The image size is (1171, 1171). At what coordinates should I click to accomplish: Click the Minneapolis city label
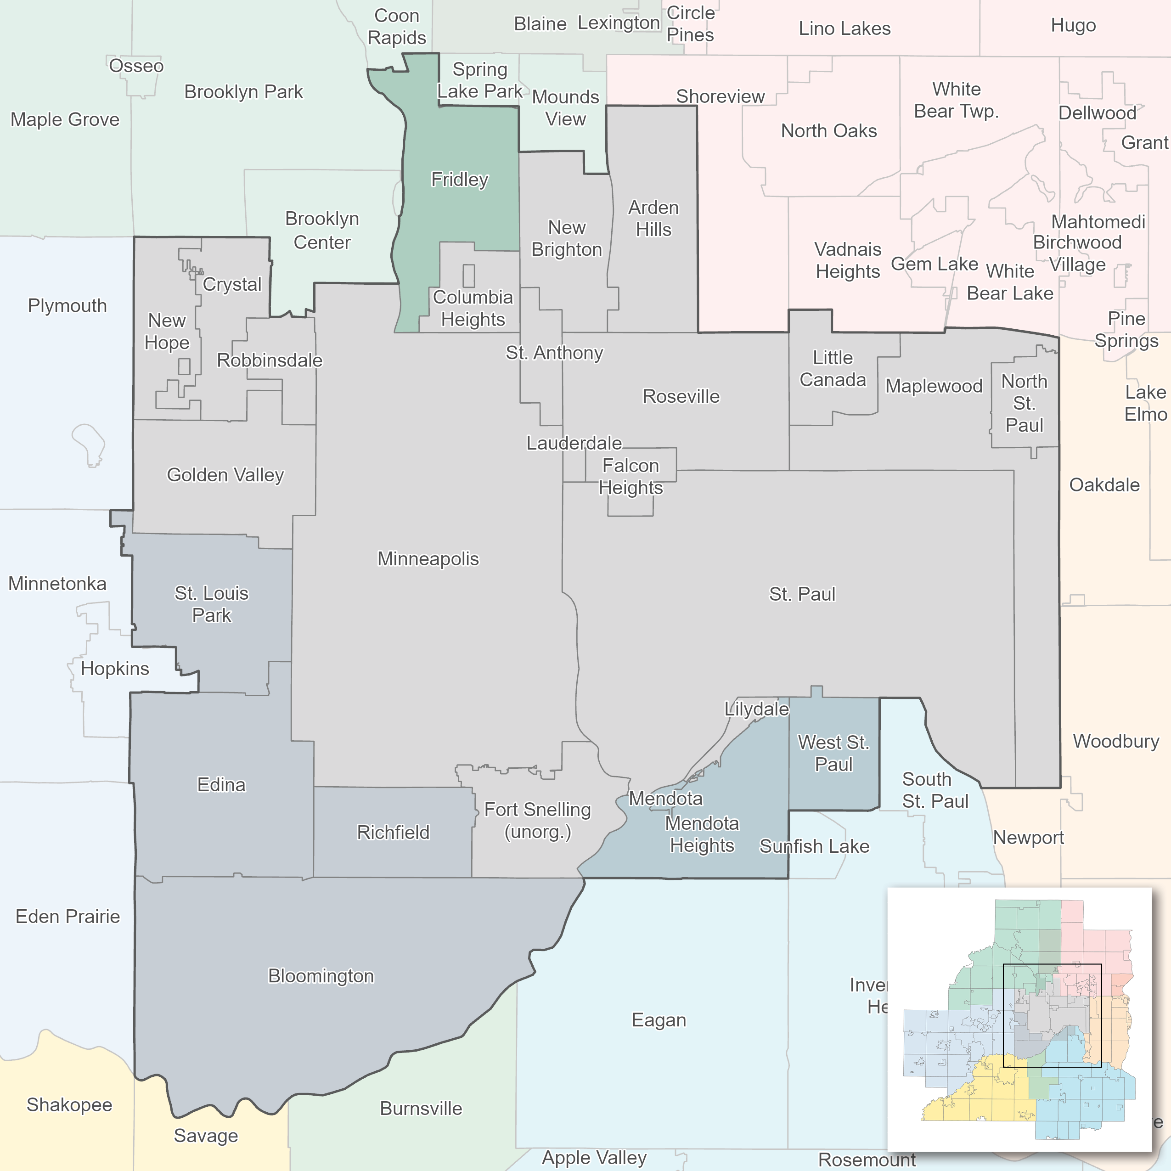[x=428, y=558]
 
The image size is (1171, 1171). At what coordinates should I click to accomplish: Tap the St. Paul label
[x=802, y=593]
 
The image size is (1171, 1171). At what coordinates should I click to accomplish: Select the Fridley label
[x=459, y=180]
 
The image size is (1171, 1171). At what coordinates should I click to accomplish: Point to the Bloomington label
[x=321, y=975]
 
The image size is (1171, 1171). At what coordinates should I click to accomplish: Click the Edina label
[x=221, y=784]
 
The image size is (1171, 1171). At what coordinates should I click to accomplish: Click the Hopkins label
[x=114, y=669]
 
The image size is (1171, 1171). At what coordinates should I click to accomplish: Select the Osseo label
[x=136, y=66]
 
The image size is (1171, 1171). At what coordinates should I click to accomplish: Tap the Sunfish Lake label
[x=814, y=846]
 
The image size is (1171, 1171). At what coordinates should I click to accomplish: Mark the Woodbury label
[x=1115, y=741]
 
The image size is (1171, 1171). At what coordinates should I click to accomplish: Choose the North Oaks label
[x=828, y=130]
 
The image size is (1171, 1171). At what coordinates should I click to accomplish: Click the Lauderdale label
[x=574, y=443]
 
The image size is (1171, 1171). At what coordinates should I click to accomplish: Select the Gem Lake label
[x=934, y=264]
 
